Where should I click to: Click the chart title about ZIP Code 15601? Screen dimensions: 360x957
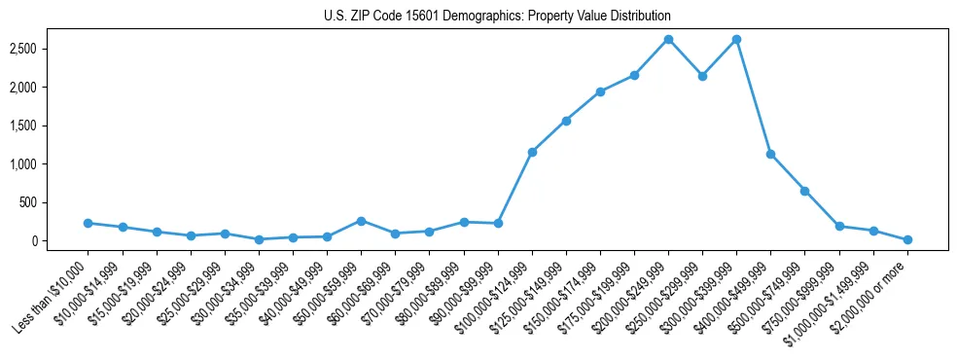(x=497, y=17)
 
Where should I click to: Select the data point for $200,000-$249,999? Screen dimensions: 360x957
(x=668, y=40)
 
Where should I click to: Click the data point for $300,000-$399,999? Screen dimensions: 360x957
(x=736, y=40)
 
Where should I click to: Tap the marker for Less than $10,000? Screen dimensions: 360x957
(x=89, y=223)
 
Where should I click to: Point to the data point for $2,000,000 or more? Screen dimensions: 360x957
(x=907, y=239)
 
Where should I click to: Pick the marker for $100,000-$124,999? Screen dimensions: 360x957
(x=532, y=152)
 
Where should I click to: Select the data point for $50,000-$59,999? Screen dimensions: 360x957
(x=361, y=221)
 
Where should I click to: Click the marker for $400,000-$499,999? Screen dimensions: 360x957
(x=770, y=154)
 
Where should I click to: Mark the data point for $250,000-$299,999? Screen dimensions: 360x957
(x=702, y=76)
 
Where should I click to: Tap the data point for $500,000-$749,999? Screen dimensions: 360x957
(x=804, y=191)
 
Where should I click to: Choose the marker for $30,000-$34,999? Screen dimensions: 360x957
(x=259, y=239)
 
